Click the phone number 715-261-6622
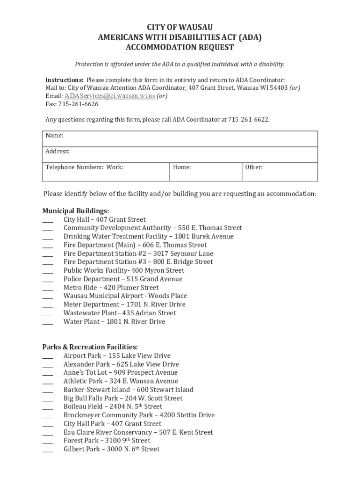pyautogui.click(x=248, y=120)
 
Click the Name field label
pyautogui.click(x=54, y=136)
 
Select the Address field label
pyautogui.click(x=58, y=151)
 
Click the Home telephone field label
pyautogui.click(x=182, y=167)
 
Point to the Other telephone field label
pyautogui.click(x=254, y=167)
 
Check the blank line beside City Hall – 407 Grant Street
pyautogui.click(x=48, y=220)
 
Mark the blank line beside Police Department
pyautogui.click(x=48, y=280)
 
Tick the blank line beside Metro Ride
pyautogui.click(x=48, y=288)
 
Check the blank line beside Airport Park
pyautogui.click(x=48, y=356)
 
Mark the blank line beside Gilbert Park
pyautogui.click(x=48, y=450)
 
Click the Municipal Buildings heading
pyautogui.click(x=76, y=211)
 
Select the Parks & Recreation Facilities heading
pyautogui.click(x=90, y=347)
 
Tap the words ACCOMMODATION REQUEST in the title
pyautogui.click(x=180, y=48)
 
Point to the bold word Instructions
pyautogui.click(x=65, y=80)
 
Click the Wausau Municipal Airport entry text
pyautogui.click(x=125, y=296)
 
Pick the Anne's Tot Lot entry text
pyautogui.click(x=120, y=373)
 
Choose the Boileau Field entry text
pyautogui.click(x=113, y=406)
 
